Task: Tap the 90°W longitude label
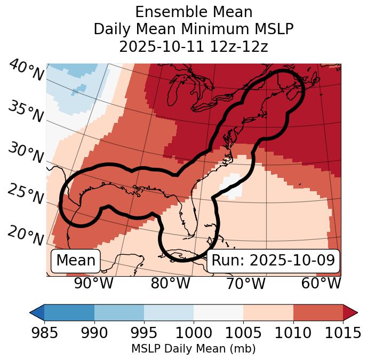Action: pos(94,284)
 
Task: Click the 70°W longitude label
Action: pos(246,284)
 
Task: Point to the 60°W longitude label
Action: pos(321,284)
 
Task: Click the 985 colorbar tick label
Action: pos(44,333)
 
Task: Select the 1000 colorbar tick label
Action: pos(194,333)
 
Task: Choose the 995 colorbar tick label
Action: pos(144,333)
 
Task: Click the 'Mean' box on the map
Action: pos(76,261)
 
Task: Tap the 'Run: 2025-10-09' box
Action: pos(273,261)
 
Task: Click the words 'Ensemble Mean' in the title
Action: pos(194,12)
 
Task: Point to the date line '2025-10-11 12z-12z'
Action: pos(194,46)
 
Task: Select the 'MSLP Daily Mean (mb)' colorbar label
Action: pos(194,349)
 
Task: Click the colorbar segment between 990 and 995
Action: pos(119,312)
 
